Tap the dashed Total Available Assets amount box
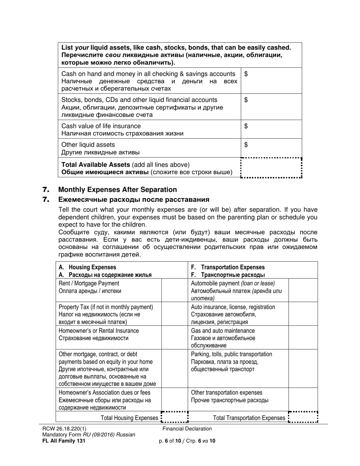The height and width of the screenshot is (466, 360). pyautogui.click(x=271, y=168)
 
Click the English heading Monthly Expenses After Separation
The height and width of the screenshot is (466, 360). pyautogui.click(x=117, y=189)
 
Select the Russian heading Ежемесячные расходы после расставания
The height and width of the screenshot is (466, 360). pyautogui.click(x=134, y=200)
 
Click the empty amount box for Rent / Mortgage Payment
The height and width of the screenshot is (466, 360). pyautogui.click(x=175, y=291)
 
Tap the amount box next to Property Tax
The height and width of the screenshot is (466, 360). pyautogui.click(x=175, y=314)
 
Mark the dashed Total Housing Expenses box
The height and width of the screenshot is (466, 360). pyautogui.click(x=175, y=418)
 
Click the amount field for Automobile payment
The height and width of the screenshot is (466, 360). pyautogui.click(x=303, y=291)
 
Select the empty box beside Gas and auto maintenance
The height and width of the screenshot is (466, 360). pyautogui.click(x=303, y=338)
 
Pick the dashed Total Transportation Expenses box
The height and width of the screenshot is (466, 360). pyautogui.click(x=303, y=418)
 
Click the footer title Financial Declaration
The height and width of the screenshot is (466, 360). pyautogui.click(x=187, y=429)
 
